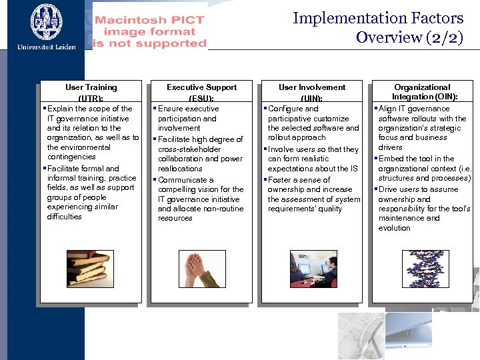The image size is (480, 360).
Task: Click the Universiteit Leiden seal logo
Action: [x=46, y=21]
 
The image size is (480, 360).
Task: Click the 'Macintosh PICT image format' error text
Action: [x=150, y=31]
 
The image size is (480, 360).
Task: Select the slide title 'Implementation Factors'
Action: [x=378, y=18]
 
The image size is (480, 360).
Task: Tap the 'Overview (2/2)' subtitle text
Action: [x=409, y=37]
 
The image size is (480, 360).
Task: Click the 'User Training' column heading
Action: [x=91, y=87]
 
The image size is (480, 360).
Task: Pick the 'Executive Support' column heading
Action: [x=201, y=87]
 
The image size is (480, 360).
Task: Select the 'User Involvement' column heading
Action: [x=312, y=87]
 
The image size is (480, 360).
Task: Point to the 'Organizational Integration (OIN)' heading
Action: [x=422, y=92]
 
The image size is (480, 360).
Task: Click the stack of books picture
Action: [x=90, y=268]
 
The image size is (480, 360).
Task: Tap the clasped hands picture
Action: [x=201, y=268]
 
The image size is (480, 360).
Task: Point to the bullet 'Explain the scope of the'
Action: [x=90, y=109]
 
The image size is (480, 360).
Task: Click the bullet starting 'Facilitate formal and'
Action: [x=83, y=169]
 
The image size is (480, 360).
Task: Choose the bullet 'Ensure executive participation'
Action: [x=188, y=109]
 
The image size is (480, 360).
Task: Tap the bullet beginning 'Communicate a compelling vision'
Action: [x=186, y=180]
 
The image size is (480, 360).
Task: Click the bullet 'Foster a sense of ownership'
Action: [x=299, y=180]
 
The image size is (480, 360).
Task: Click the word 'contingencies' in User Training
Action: [x=71, y=157]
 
